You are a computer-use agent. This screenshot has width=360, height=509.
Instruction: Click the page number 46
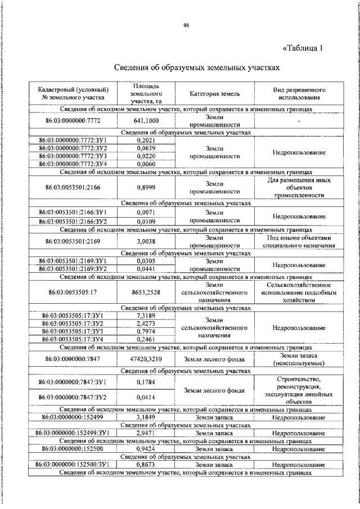(186, 25)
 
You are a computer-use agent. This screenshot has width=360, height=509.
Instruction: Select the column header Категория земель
(215, 94)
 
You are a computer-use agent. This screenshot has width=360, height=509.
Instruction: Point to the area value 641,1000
(146, 120)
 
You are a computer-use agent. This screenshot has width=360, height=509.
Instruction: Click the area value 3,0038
(146, 242)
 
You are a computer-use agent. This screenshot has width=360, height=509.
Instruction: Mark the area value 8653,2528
(146, 292)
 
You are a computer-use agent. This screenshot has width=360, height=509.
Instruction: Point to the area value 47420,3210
(146, 358)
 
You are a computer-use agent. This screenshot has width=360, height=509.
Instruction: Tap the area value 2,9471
(146, 434)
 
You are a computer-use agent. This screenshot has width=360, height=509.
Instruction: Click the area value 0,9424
(146, 449)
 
